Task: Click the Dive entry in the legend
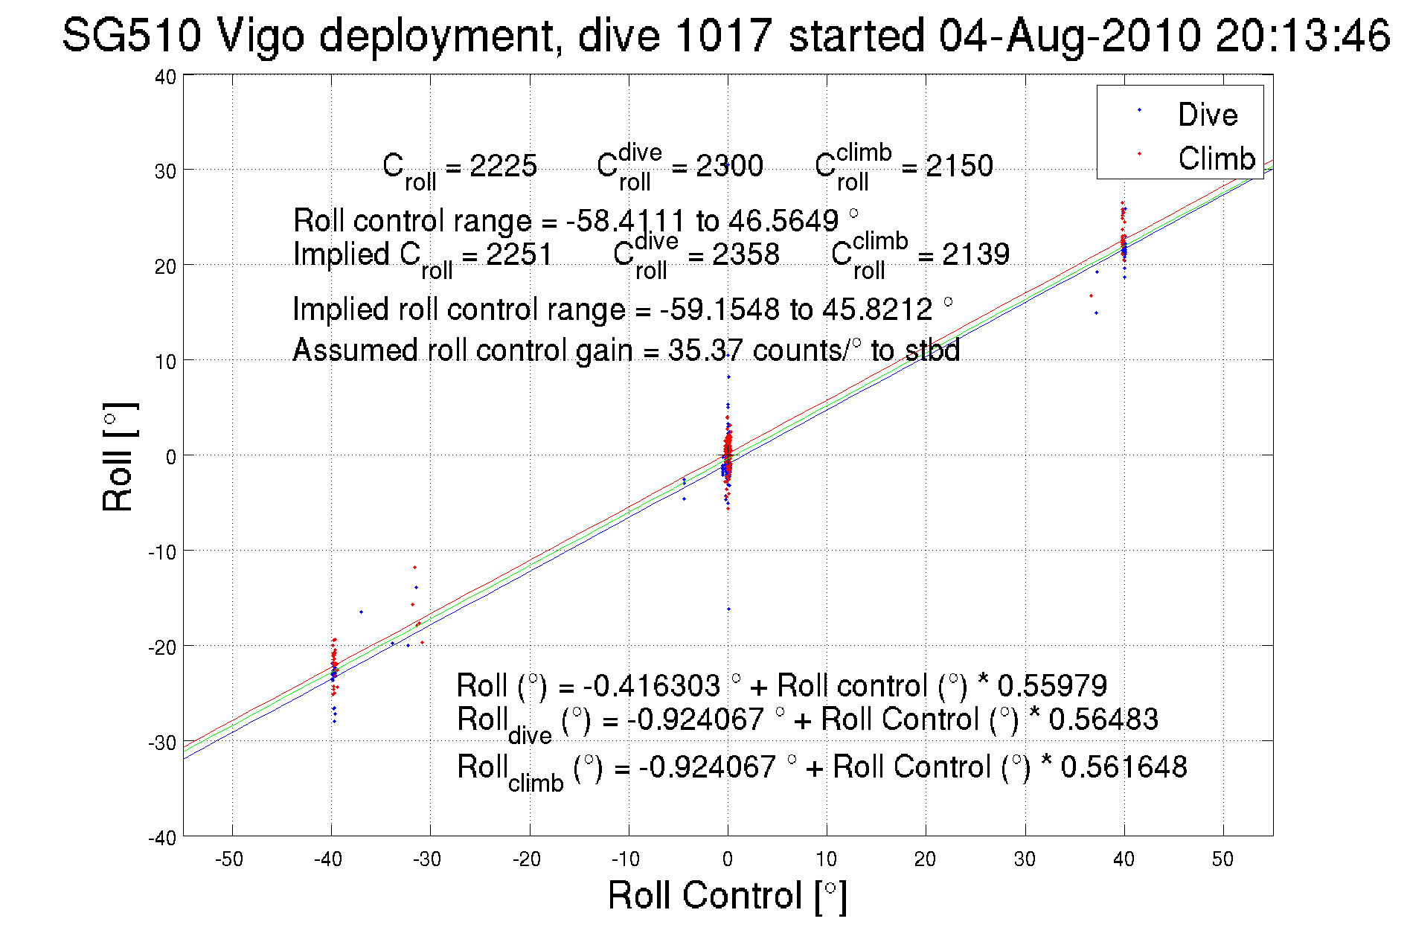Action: tap(1207, 115)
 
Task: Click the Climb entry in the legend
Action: tap(1216, 158)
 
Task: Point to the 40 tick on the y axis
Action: tap(166, 77)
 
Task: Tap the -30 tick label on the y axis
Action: tap(162, 743)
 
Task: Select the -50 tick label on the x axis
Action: tap(229, 859)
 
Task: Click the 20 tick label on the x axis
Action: tap(925, 859)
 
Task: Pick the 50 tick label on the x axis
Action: tap(1222, 859)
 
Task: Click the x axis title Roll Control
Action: tap(727, 895)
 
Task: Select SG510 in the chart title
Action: tap(131, 35)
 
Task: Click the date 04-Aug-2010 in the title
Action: tap(1069, 35)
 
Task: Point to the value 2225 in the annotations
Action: tap(503, 166)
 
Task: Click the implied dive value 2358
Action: tap(746, 254)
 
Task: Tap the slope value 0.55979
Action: tap(1052, 685)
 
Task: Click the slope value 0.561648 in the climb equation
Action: tap(1124, 767)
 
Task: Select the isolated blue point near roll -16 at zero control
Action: tap(728, 609)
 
